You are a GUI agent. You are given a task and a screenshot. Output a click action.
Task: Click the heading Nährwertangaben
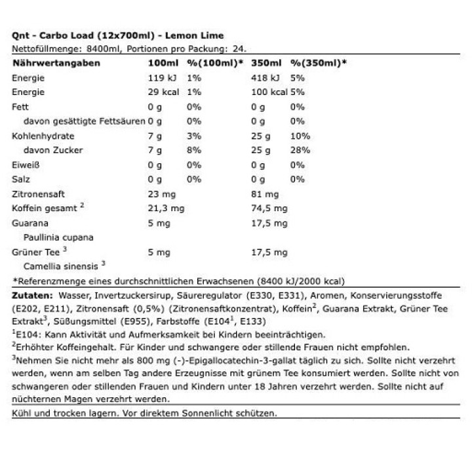(x=55, y=63)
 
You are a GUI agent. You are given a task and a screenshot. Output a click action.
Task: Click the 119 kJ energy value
(x=161, y=77)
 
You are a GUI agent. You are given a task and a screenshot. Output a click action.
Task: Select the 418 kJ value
(x=265, y=77)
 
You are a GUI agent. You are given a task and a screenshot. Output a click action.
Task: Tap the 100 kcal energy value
(x=269, y=92)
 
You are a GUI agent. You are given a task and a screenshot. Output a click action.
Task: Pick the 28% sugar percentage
(x=300, y=150)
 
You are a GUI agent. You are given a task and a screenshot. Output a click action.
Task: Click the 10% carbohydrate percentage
(x=300, y=136)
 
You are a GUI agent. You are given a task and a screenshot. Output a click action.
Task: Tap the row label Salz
(x=22, y=179)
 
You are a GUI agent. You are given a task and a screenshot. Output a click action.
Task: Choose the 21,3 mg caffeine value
(x=165, y=208)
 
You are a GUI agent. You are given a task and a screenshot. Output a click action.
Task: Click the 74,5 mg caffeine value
(x=269, y=208)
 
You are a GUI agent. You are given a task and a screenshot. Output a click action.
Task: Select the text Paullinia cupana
(x=58, y=237)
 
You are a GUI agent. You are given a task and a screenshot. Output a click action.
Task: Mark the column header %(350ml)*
(x=319, y=63)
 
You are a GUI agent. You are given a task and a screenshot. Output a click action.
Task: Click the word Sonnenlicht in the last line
(x=219, y=414)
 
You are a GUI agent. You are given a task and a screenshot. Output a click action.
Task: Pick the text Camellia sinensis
(x=61, y=266)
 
